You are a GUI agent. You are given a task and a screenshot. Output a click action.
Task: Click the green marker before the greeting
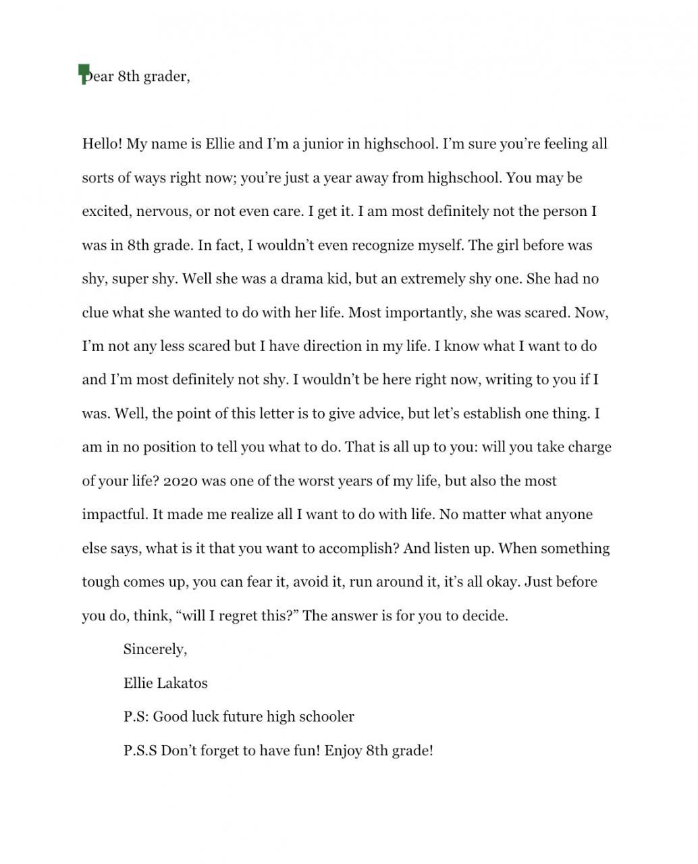pos(84,73)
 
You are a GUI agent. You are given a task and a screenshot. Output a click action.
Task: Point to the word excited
pos(106,211)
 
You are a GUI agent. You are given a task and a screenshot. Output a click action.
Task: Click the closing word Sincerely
pos(155,649)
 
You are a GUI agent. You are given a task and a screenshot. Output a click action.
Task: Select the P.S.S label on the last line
pos(140,751)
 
